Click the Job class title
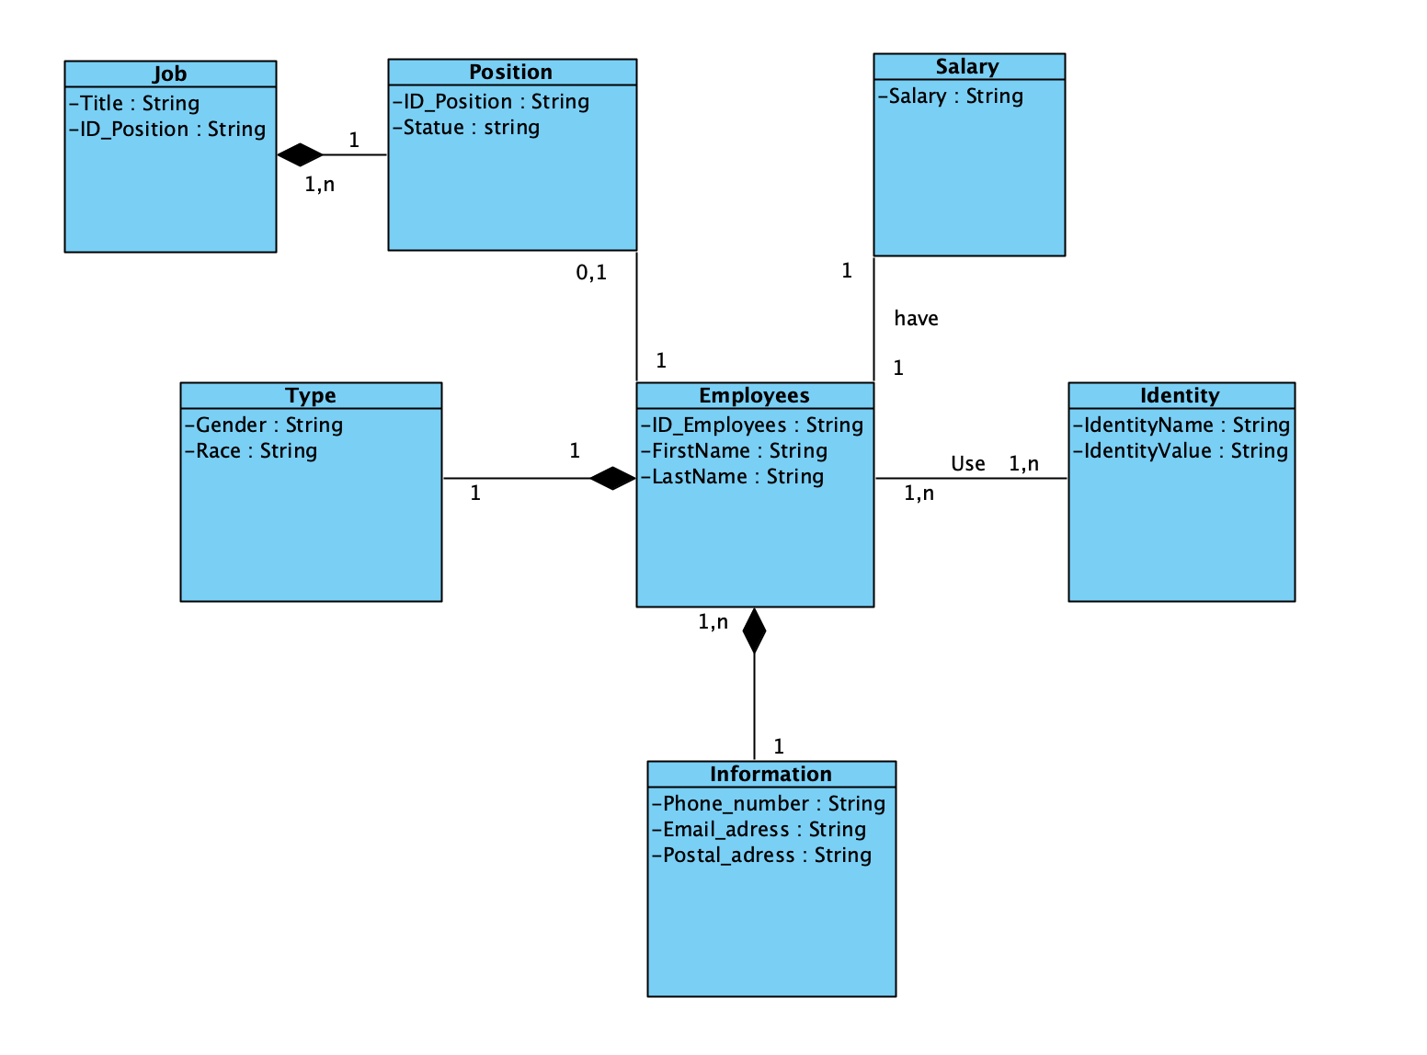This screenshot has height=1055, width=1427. [170, 74]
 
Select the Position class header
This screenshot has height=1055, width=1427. [511, 73]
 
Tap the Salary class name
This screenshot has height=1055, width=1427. [967, 67]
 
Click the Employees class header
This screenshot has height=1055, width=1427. [754, 396]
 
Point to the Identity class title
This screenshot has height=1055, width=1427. [1180, 396]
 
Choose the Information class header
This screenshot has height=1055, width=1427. [771, 775]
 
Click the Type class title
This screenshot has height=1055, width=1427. [311, 396]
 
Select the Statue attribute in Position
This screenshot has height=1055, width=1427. [467, 128]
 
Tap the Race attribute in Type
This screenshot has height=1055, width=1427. [252, 451]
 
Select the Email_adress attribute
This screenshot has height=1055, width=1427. [759, 830]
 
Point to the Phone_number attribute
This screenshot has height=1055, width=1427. [769, 804]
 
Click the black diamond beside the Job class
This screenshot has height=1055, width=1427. [301, 155]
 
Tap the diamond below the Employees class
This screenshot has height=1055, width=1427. [754, 630]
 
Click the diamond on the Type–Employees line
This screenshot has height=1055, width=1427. [612, 479]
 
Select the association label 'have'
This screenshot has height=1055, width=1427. [916, 319]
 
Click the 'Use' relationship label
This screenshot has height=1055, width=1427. [967, 464]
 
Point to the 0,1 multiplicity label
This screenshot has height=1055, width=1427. [591, 273]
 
